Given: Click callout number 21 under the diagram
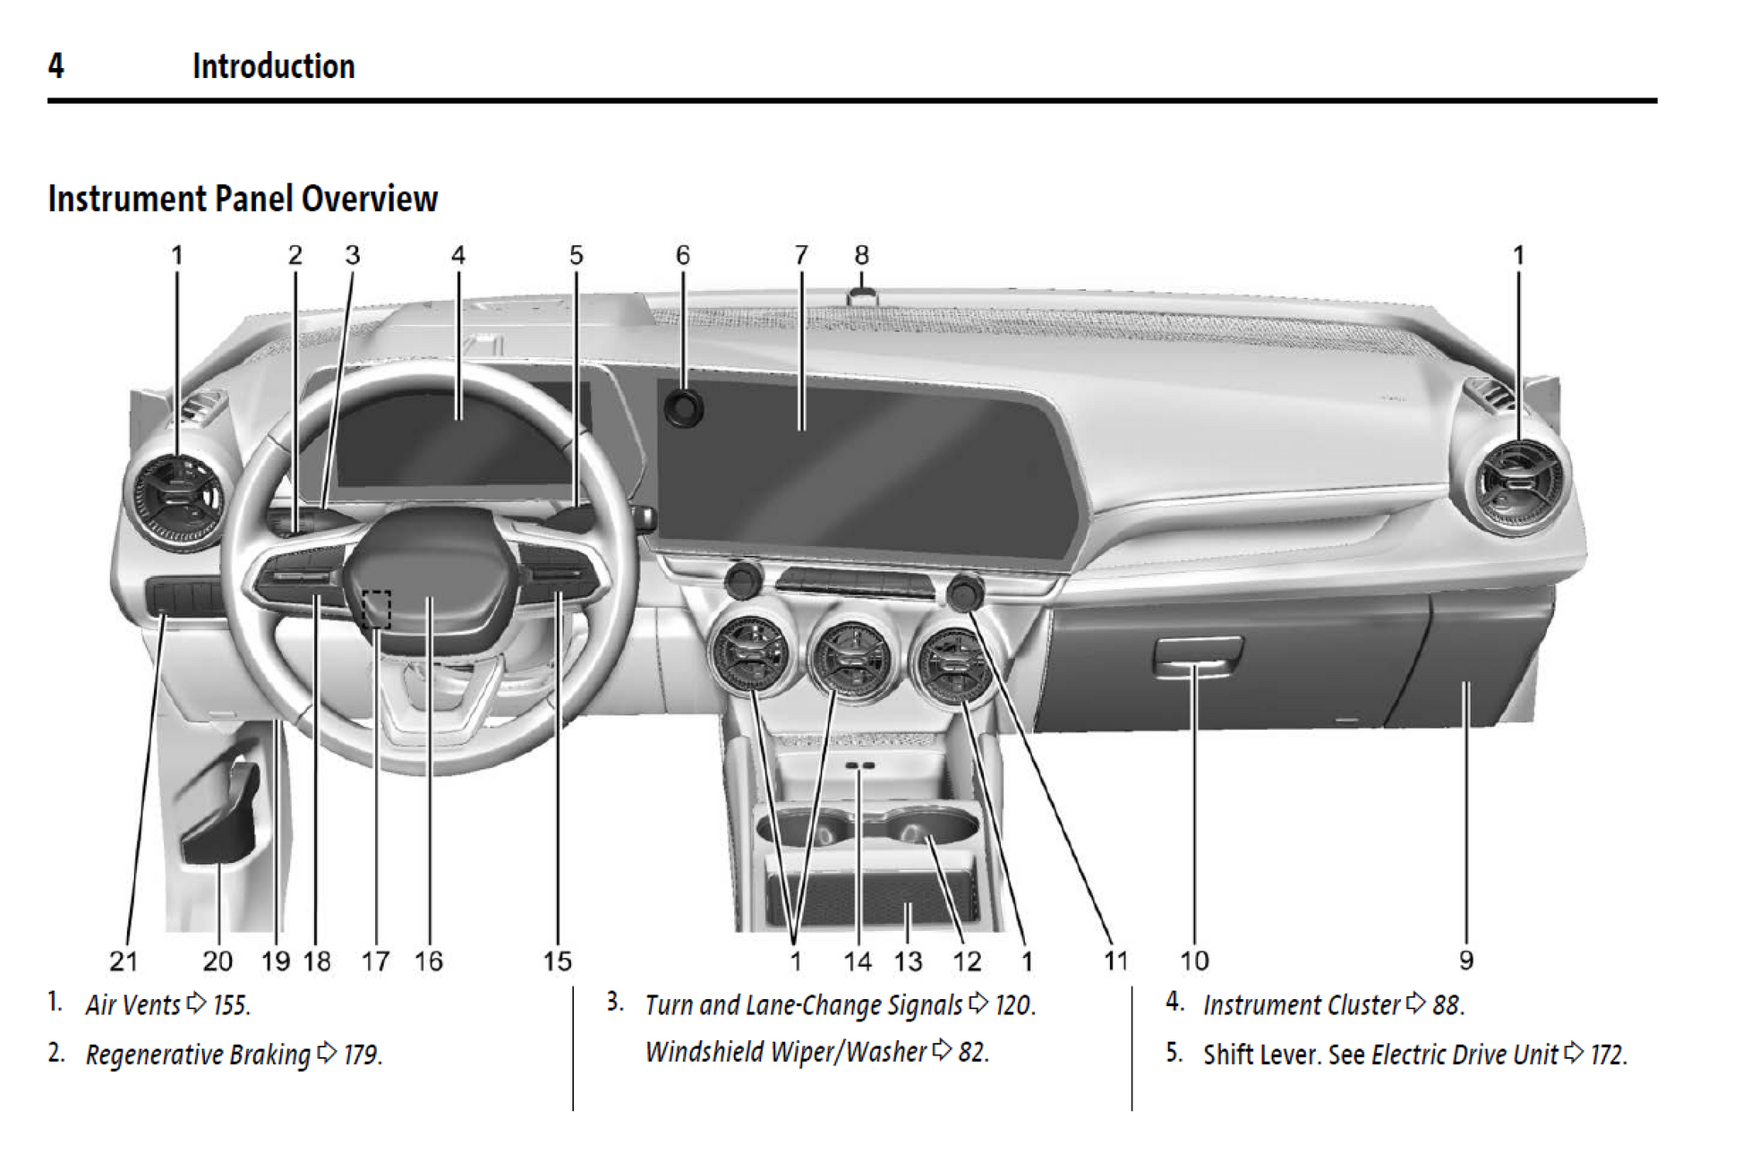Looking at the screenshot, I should [x=124, y=961].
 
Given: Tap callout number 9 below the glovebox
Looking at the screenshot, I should [x=1465, y=961].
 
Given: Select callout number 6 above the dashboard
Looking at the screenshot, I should [x=683, y=256].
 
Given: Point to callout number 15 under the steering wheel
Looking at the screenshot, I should [x=557, y=961].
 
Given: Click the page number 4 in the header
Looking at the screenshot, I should [x=56, y=65].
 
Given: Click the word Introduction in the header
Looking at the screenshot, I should [x=273, y=66].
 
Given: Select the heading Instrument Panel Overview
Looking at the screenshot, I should [x=243, y=199].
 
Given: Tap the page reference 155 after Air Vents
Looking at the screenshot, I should [x=230, y=1004].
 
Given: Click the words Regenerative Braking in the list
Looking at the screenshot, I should [x=198, y=1055].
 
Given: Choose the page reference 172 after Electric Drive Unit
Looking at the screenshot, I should [x=1607, y=1055].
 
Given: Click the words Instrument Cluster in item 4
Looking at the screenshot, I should [x=1301, y=1004].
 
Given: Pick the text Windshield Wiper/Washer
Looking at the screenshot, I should [x=785, y=1051].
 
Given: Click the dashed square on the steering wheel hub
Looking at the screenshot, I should [x=377, y=609].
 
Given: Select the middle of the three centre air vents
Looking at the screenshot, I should [x=850, y=659].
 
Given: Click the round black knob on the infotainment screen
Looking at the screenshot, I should [x=684, y=409].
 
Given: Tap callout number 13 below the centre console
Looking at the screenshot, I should [x=908, y=961].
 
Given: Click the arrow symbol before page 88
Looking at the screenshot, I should [x=1415, y=1003].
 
